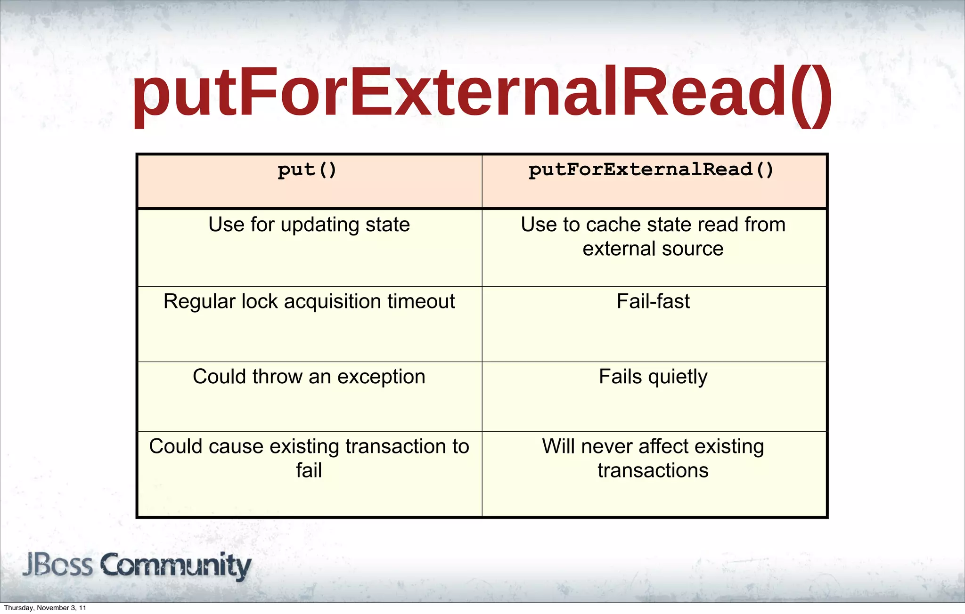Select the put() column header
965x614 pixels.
tap(307, 170)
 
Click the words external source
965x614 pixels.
tap(653, 249)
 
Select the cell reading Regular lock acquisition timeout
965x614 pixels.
tap(309, 301)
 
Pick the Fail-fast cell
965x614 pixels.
tap(653, 301)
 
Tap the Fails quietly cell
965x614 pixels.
tap(653, 377)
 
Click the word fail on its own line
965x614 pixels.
tap(309, 470)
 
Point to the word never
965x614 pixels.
tap(607, 446)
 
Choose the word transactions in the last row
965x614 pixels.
tap(653, 470)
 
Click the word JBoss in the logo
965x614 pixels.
tap(57, 565)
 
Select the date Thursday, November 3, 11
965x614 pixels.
tap(45, 608)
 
